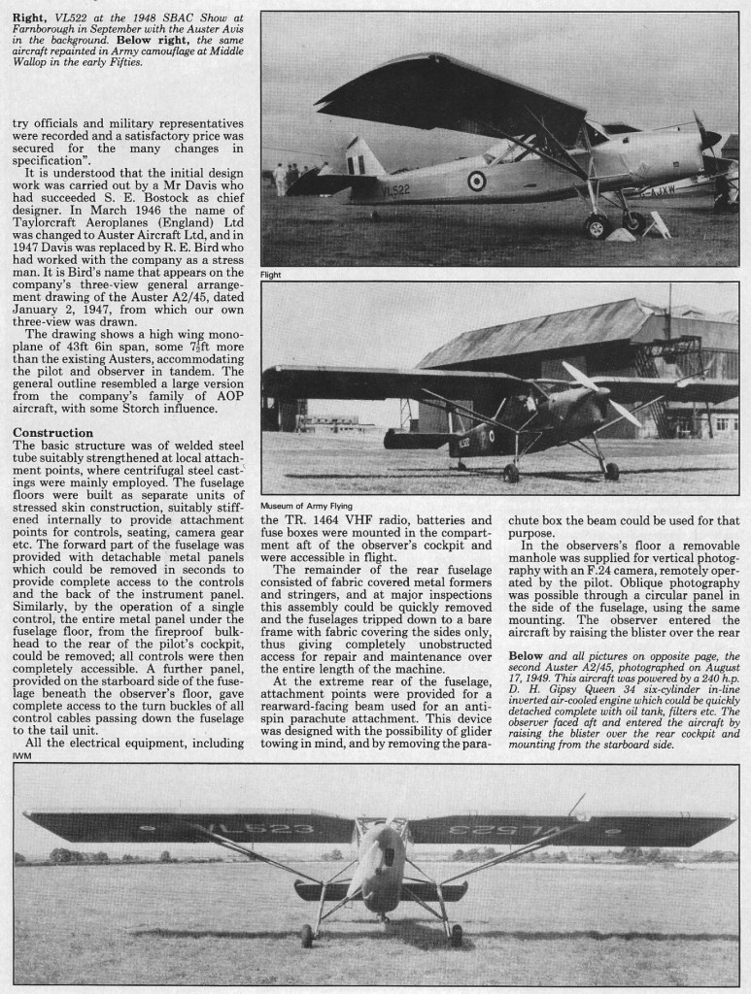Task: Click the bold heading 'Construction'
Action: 53,431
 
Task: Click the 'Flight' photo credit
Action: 271,275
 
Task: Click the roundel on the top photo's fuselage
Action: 476,180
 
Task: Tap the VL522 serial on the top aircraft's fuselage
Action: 395,190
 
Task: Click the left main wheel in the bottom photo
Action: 307,935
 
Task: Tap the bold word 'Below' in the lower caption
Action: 529,656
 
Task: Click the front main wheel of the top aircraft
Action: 596,226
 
